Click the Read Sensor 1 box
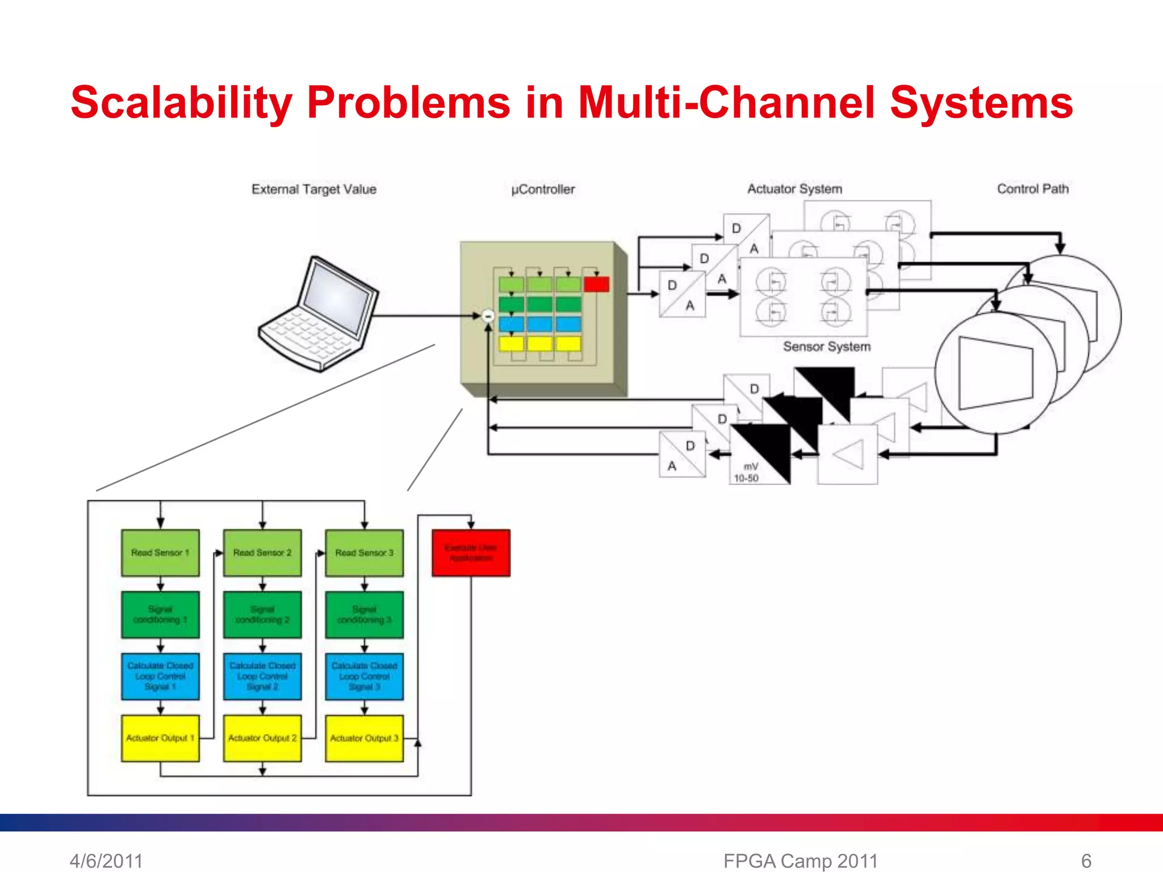point(160,553)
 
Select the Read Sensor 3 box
point(364,553)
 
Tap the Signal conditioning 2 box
point(262,615)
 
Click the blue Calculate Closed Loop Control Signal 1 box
point(160,676)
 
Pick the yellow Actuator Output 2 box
point(262,738)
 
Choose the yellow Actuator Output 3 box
point(364,738)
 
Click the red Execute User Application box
point(471,553)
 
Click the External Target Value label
point(314,189)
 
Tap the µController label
point(543,189)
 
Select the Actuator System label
point(794,188)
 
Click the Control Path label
point(1032,188)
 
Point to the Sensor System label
point(826,346)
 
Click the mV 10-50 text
point(747,472)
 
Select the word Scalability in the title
point(181,103)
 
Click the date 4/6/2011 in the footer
point(106,861)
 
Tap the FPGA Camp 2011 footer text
point(800,861)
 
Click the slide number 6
point(1086,861)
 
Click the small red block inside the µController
point(596,284)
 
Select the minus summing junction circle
point(488,316)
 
